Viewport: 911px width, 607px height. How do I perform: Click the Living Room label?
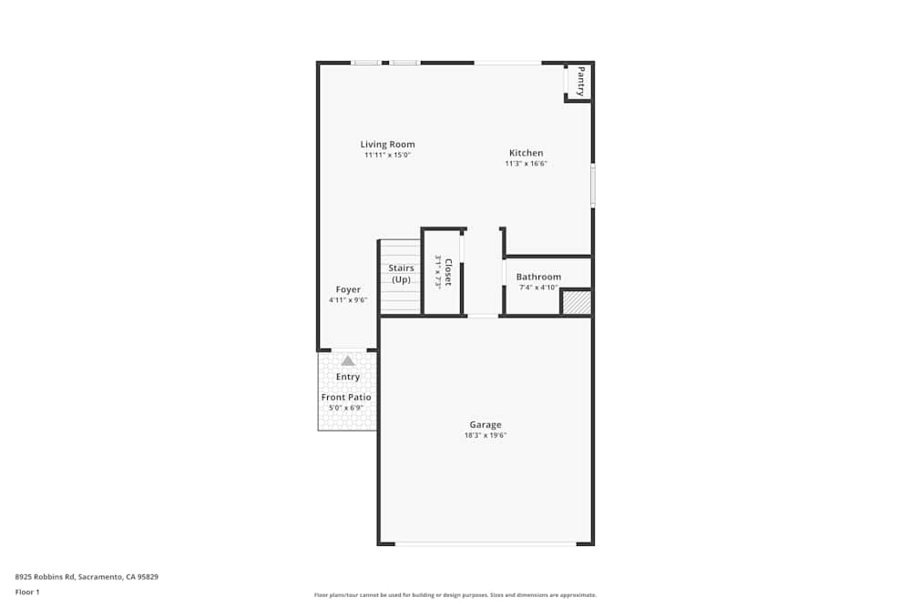click(x=387, y=144)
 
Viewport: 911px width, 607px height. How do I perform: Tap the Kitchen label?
click(x=526, y=153)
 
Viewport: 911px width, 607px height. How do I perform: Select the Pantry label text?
click(x=580, y=81)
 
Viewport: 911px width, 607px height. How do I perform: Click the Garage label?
click(x=485, y=424)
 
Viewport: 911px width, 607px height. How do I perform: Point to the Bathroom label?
click(x=538, y=277)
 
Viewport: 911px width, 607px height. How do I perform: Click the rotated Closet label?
click(x=447, y=272)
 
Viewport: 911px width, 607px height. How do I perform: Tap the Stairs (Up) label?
click(x=401, y=273)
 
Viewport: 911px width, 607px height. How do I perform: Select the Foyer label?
click(x=348, y=289)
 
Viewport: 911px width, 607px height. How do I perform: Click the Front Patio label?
click(x=346, y=397)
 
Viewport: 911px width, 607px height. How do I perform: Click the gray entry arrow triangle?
click(x=347, y=361)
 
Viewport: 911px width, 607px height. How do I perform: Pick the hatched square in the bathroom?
click(x=576, y=302)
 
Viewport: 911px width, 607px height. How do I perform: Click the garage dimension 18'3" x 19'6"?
click(x=485, y=435)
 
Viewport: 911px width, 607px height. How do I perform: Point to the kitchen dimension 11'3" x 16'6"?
click(x=526, y=164)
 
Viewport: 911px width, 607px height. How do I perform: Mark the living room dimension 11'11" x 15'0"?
click(x=387, y=155)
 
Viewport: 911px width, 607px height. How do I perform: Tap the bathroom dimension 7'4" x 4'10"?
click(x=538, y=288)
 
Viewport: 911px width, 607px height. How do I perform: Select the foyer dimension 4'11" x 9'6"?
click(x=348, y=300)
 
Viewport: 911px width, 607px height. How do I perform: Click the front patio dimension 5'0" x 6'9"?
click(x=346, y=408)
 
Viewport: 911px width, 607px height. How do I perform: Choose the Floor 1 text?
click(x=27, y=592)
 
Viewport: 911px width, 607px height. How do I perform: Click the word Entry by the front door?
click(x=348, y=377)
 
